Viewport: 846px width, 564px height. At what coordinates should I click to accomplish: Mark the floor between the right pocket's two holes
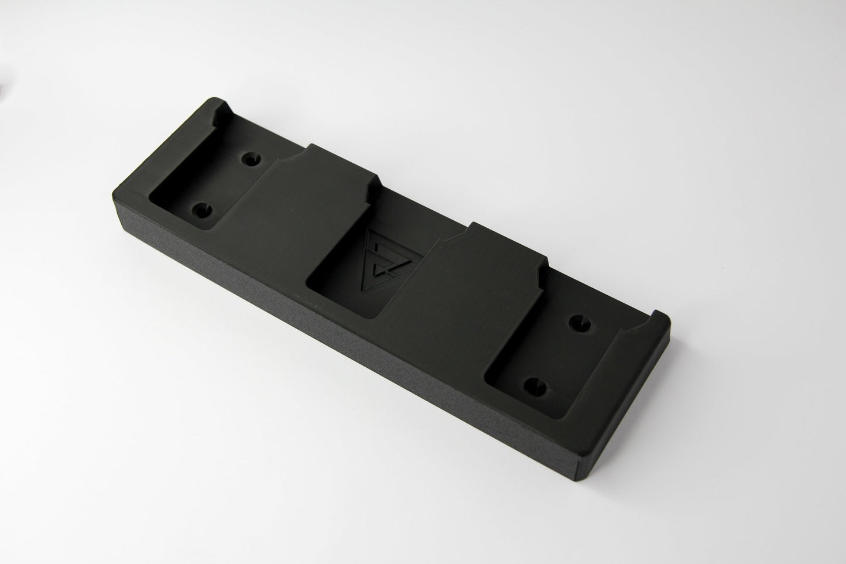pyautogui.click(x=556, y=354)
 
